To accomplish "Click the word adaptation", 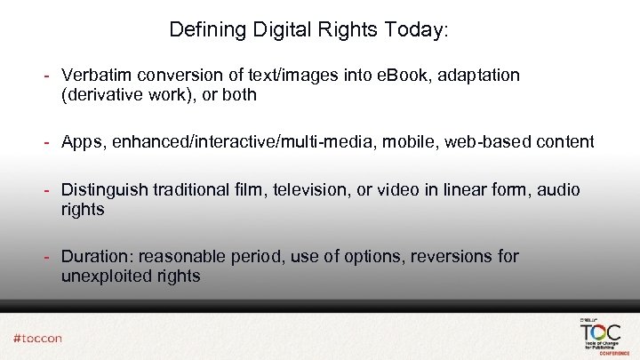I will coord(479,76).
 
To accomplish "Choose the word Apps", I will coord(80,141).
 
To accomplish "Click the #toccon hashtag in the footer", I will coord(37,338).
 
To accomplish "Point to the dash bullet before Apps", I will coord(52,141).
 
